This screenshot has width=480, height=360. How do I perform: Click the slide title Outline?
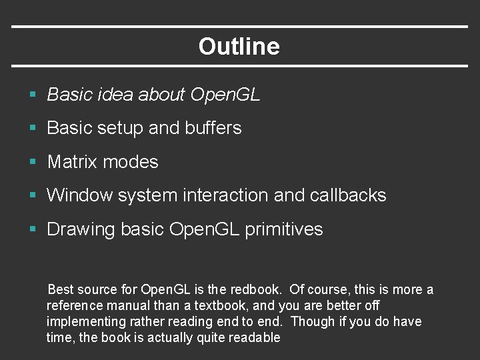239,47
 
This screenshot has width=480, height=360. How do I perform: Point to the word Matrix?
73,162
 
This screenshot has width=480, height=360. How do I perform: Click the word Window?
79,195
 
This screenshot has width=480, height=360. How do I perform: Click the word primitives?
284,229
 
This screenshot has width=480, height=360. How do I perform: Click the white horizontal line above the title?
240,27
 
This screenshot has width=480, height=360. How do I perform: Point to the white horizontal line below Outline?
240,65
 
